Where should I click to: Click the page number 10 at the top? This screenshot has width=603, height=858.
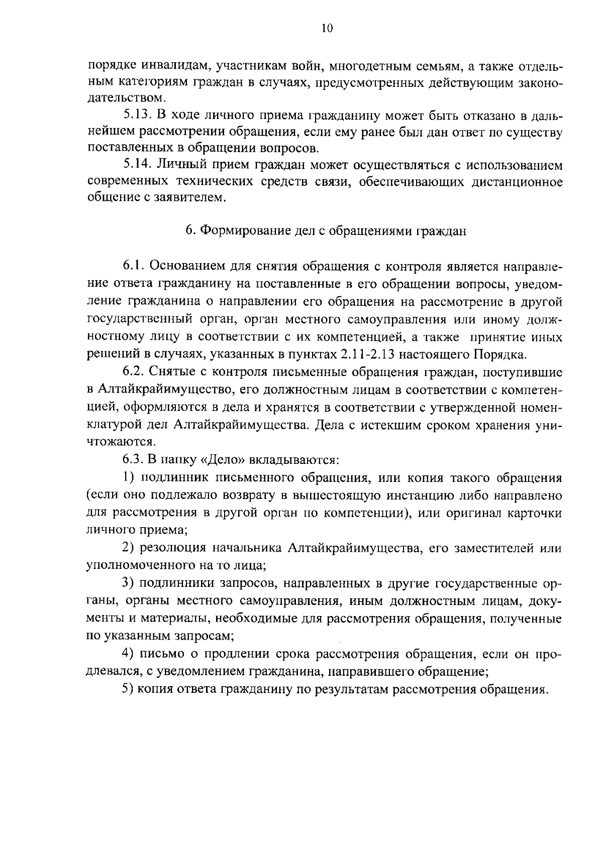(x=327, y=28)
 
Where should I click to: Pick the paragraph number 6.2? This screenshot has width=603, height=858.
(x=134, y=372)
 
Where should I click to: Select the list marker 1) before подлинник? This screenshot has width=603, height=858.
(x=128, y=477)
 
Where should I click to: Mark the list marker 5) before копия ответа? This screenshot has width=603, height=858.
(x=128, y=689)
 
